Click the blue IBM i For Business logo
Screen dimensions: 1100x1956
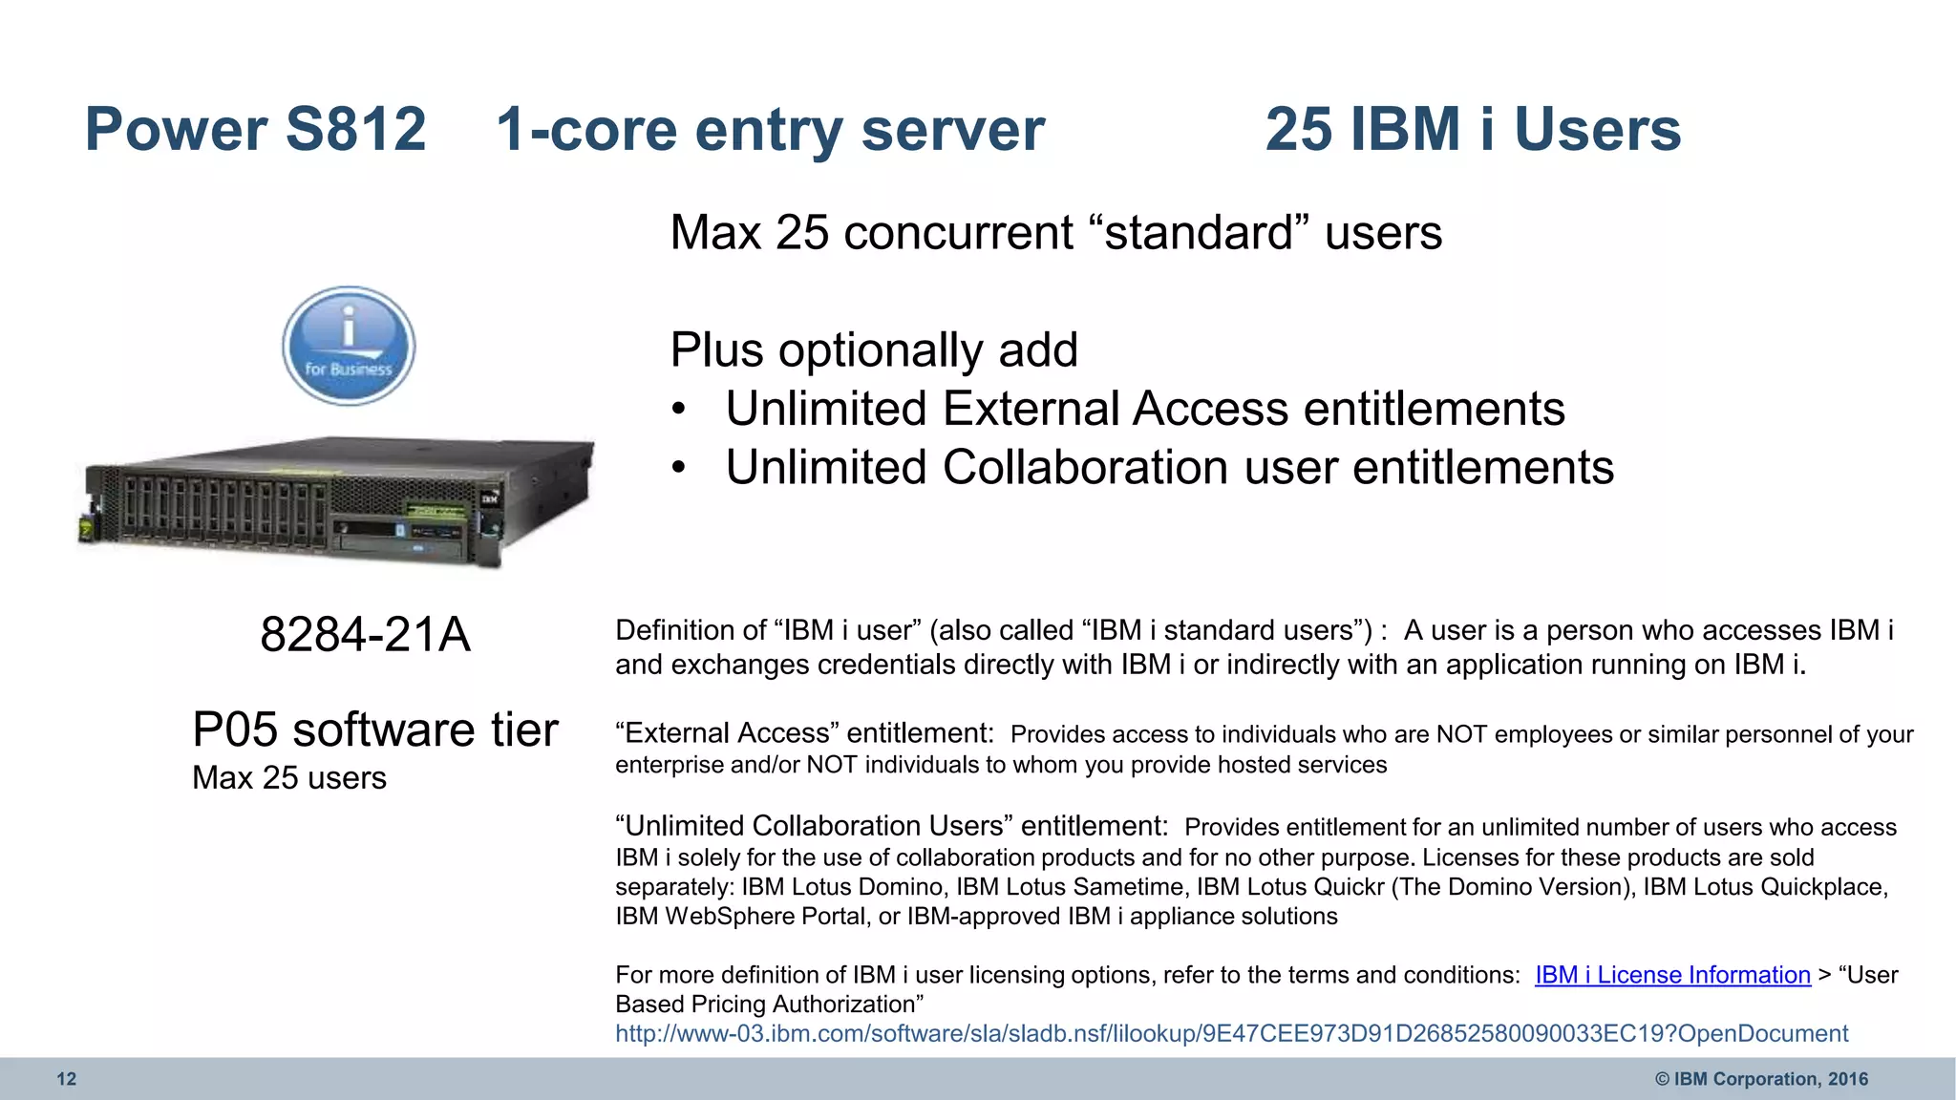(349, 346)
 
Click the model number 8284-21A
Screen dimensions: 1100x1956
(365, 634)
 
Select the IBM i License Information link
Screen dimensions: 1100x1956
(1672, 975)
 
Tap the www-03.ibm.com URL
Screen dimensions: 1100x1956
(1231, 1033)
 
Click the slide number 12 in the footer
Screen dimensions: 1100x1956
(66, 1079)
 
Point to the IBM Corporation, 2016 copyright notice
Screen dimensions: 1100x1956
(1761, 1079)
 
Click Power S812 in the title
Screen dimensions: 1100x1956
(255, 129)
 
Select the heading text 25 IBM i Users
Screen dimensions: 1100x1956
(1473, 129)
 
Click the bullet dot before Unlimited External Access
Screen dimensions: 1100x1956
(678, 410)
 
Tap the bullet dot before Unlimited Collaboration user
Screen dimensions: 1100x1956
(678, 469)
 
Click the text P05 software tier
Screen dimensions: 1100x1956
(374, 730)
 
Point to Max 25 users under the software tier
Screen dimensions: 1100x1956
(289, 778)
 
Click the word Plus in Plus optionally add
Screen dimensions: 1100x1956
(716, 349)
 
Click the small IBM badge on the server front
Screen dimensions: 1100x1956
(490, 499)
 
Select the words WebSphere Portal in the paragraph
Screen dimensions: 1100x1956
(768, 917)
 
